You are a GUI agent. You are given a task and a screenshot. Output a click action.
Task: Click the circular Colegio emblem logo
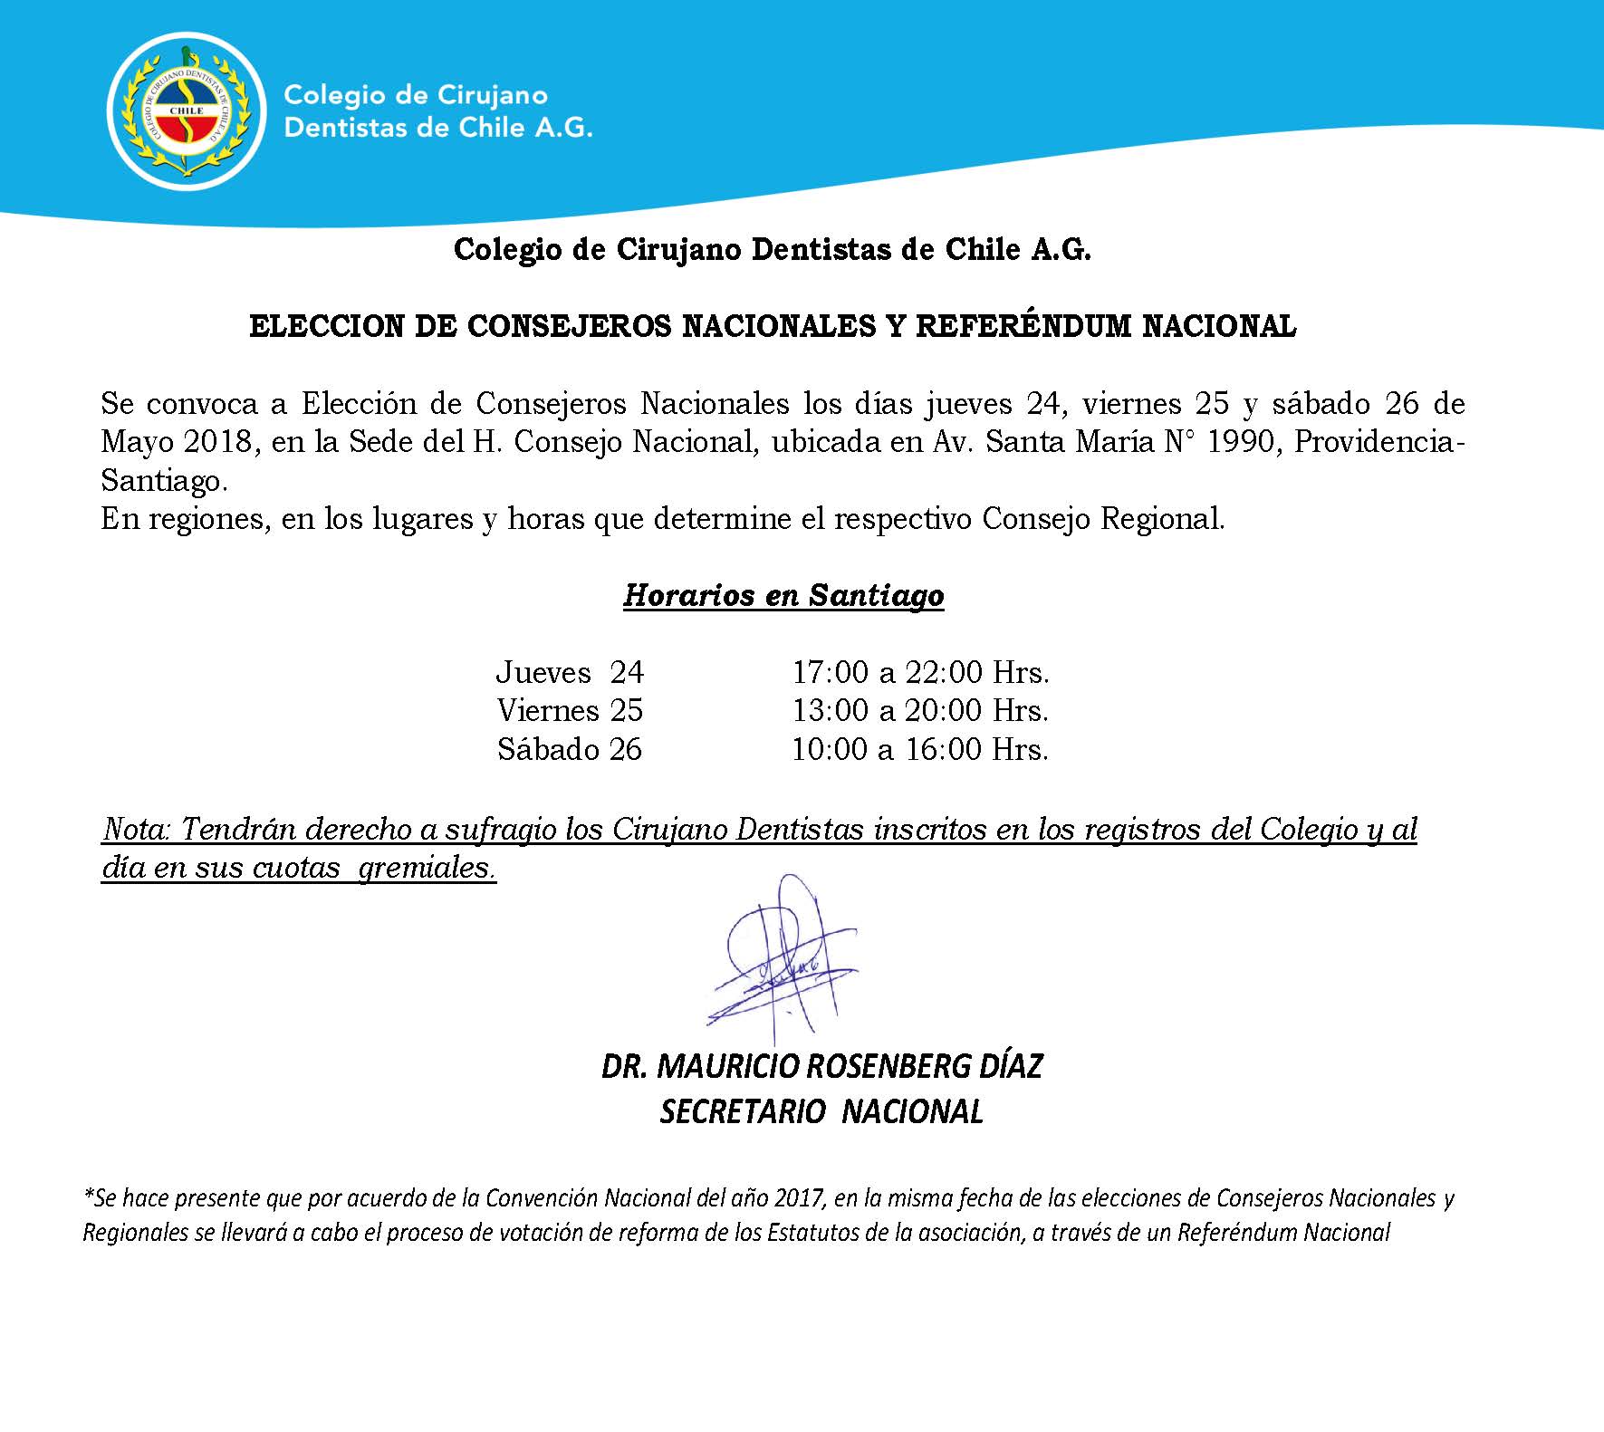point(187,110)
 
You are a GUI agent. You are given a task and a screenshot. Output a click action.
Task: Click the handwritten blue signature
point(781,960)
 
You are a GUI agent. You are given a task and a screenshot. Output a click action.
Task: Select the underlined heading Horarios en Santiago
point(783,595)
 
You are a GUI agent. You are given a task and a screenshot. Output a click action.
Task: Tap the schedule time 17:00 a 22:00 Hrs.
point(920,672)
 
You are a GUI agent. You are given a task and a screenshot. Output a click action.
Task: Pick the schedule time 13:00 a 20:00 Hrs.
point(920,711)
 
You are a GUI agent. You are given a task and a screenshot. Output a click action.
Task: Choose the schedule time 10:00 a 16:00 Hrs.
point(920,750)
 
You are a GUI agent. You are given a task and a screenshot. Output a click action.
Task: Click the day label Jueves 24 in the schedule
point(569,672)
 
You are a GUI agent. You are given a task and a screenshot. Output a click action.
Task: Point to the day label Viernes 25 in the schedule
point(570,711)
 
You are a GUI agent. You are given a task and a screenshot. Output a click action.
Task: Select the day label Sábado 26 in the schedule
point(569,750)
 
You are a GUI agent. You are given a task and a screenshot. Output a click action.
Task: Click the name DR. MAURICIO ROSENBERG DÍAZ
point(821,1066)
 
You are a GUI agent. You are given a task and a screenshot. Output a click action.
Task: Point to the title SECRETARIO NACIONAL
point(821,1111)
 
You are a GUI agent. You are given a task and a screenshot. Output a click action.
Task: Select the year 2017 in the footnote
point(799,1198)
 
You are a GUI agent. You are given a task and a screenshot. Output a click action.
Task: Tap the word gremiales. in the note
point(427,868)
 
